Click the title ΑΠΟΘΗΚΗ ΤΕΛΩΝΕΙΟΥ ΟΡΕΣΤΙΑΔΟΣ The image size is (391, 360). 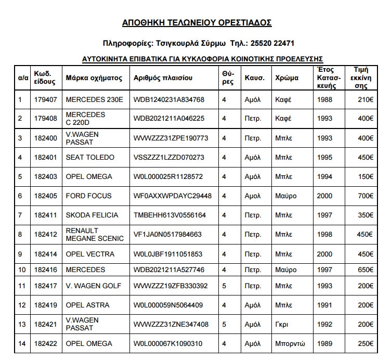coord(197,22)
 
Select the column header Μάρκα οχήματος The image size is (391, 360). coord(94,78)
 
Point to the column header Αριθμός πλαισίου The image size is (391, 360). coord(163,78)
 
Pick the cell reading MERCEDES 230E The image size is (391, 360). coord(95,99)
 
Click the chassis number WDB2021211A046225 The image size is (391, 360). coord(169,119)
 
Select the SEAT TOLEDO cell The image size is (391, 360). coord(90,157)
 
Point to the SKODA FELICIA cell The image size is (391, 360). coord(92,215)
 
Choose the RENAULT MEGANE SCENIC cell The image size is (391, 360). coord(95,234)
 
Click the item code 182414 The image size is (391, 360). coord(45,254)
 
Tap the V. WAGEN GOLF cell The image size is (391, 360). coord(94,286)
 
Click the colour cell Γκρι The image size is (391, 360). coord(281,324)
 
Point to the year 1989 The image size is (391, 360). coord(325,343)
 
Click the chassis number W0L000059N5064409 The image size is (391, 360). coord(168,305)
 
